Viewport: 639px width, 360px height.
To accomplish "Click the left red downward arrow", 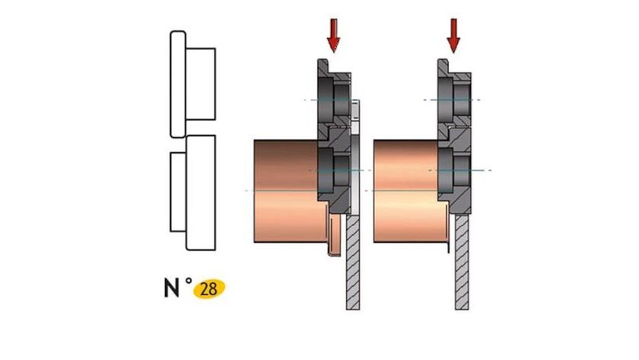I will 332,33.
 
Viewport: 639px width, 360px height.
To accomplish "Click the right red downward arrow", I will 454,33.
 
